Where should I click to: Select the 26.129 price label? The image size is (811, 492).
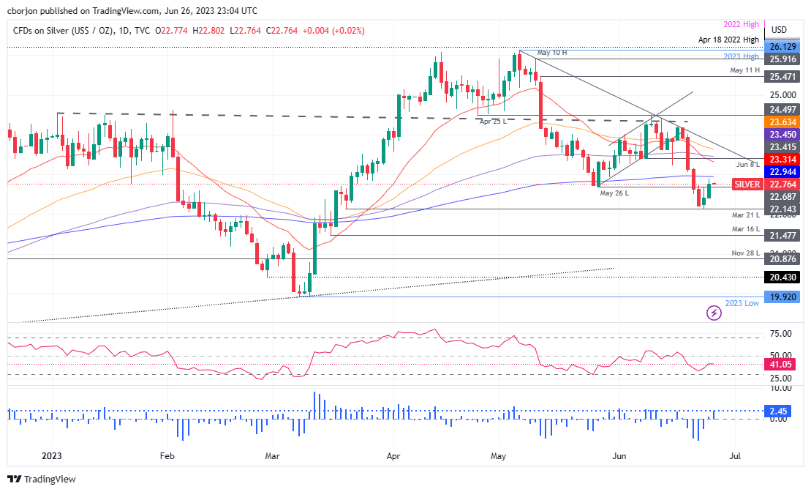(x=783, y=46)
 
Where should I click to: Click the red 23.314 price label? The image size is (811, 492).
(x=783, y=158)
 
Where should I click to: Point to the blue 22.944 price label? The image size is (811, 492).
(x=783, y=171)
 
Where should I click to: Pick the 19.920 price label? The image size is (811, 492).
(x=783, y=297)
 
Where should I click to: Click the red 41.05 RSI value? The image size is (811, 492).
(x=780, y=364)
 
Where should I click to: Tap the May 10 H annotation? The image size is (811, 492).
(x=553, y=53)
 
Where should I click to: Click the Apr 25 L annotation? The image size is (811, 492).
(x=494, y=121)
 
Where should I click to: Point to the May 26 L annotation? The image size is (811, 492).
(x=615, y=193)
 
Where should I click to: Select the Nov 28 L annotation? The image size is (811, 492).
(x=746, y=252)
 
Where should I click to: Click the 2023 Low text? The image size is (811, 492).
(x=742, y=303)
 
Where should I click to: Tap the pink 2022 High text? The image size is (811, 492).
(x=742, y=25)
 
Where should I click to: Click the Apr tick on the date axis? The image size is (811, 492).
(x=393, y=455)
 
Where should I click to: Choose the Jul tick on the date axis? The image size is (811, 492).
(x=735, y=455)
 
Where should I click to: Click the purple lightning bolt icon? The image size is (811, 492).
(x=714, y=313)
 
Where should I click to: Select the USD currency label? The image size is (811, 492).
(x=779, y=30)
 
